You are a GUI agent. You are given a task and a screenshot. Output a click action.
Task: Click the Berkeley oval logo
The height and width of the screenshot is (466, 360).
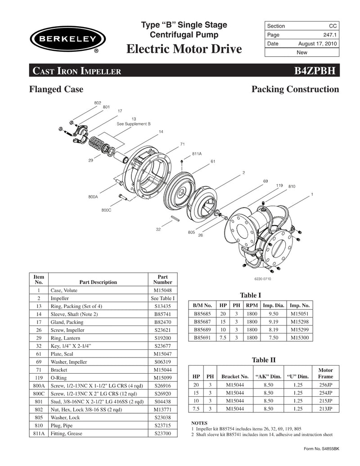coord(65,39)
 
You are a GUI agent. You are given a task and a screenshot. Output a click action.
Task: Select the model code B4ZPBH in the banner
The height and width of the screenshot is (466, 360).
coord(315,71)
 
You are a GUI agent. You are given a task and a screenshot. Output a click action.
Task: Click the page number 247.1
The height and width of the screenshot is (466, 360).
coord(330,35)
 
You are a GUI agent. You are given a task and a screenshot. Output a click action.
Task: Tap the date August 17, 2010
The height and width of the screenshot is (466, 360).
coord(318,44)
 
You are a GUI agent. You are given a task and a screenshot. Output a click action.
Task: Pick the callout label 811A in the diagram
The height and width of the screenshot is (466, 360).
coord(197,154)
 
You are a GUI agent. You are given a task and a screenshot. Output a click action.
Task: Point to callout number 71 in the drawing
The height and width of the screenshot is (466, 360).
coord(182,144)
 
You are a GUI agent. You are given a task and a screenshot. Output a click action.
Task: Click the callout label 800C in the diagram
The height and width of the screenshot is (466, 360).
coord(107,210)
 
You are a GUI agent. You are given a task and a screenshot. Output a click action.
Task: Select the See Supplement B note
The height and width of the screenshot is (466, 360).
coord(134,123)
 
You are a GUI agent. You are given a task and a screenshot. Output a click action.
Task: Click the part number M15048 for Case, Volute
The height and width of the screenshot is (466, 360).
coord(162,290)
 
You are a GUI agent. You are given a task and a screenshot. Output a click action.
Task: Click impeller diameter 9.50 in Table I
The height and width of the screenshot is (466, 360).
coord(272,313)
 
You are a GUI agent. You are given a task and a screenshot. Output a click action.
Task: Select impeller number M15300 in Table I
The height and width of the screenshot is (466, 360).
coord(300,337)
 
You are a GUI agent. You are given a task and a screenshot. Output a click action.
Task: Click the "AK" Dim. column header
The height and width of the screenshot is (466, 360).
coord(268,376)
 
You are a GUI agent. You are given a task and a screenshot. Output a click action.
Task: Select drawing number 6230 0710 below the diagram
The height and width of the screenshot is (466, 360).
coord(264,279)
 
